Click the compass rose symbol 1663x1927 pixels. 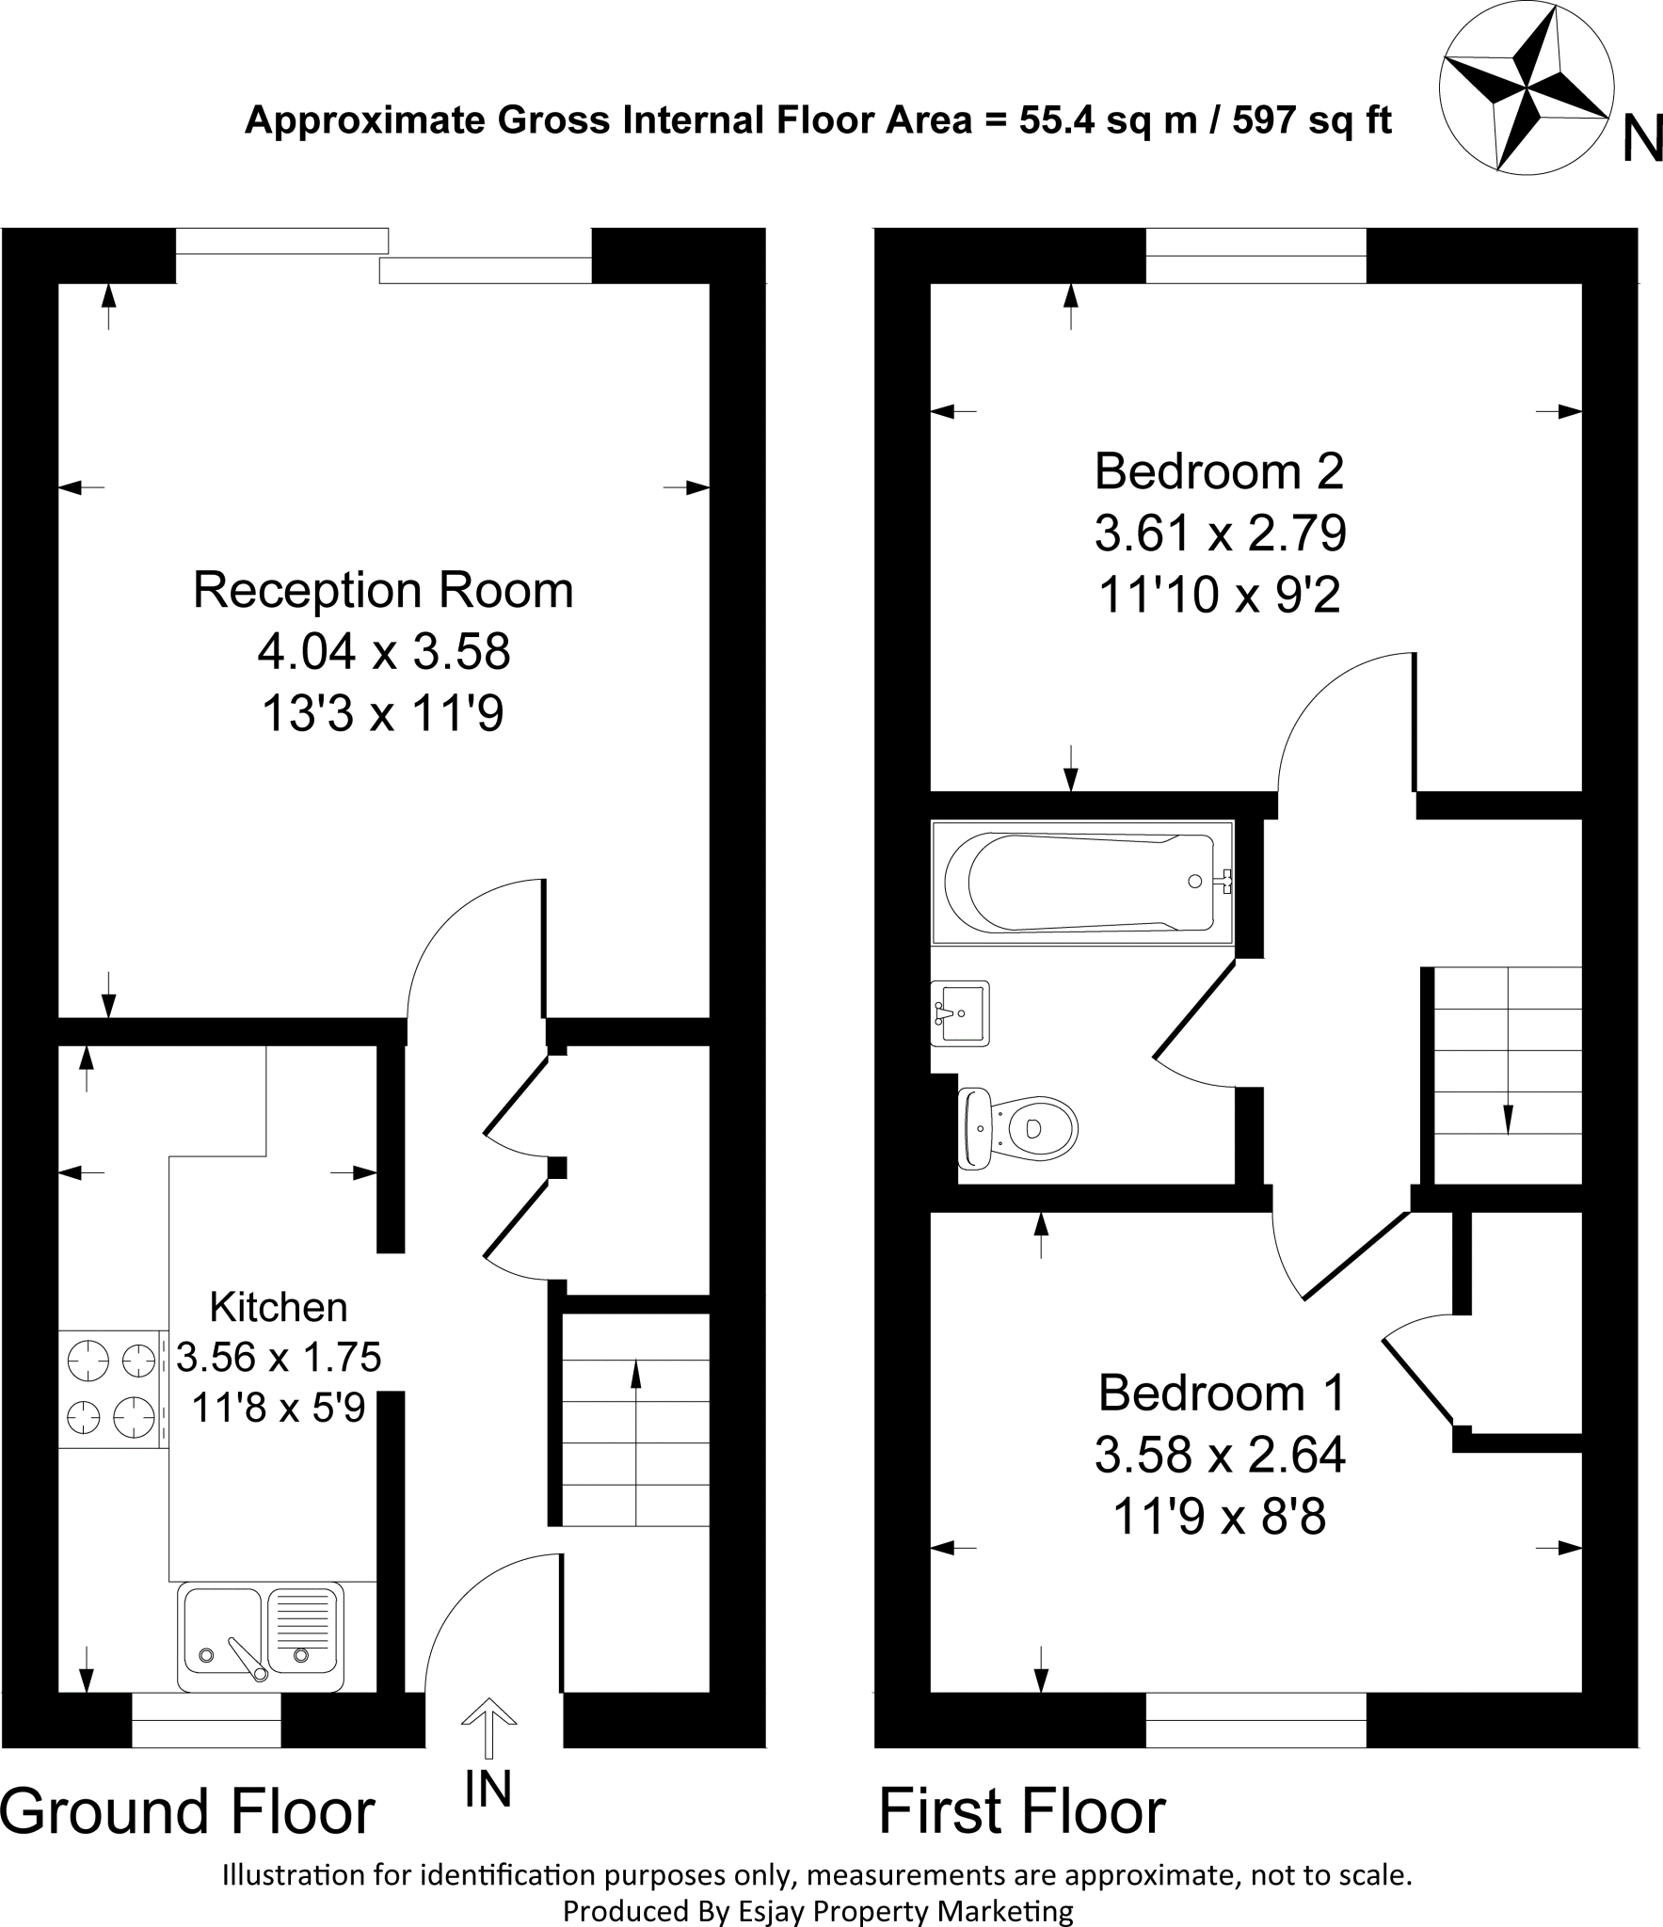1526,95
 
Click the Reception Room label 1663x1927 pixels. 383,590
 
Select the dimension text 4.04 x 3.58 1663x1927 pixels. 384,651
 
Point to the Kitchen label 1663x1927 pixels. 279,1307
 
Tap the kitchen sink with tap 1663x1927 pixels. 261,1638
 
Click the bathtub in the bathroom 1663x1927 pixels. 1082,882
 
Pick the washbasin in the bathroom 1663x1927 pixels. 960,1012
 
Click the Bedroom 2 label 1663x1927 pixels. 1220,470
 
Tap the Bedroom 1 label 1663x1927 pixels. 1222,1393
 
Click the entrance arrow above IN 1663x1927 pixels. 488,1727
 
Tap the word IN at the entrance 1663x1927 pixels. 488,1789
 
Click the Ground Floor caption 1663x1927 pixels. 188,1811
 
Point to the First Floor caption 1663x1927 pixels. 1022,1811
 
